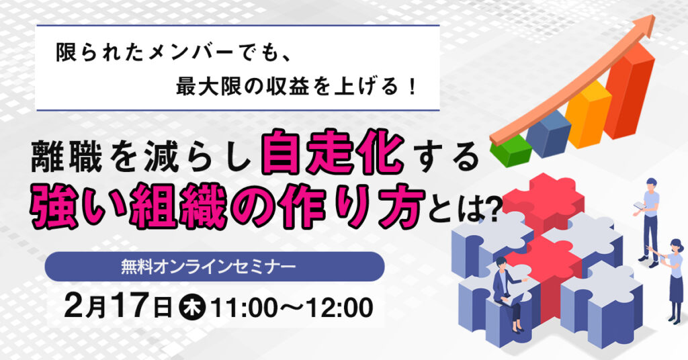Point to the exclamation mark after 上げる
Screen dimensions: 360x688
click(412, 86)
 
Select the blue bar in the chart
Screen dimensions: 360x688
click(548, 132)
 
